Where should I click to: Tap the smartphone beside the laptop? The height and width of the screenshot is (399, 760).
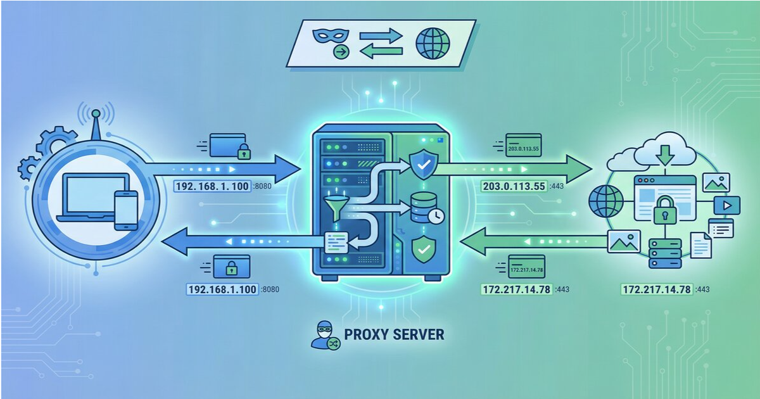(x=125, y=210)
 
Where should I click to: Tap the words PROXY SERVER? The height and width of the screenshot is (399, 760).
(x=393, y=334)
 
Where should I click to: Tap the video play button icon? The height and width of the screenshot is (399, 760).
(x=726, y=206)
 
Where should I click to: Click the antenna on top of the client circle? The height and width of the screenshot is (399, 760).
(x=94, y=124)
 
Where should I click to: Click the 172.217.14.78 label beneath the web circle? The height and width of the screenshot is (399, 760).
(x=657, y=289)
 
